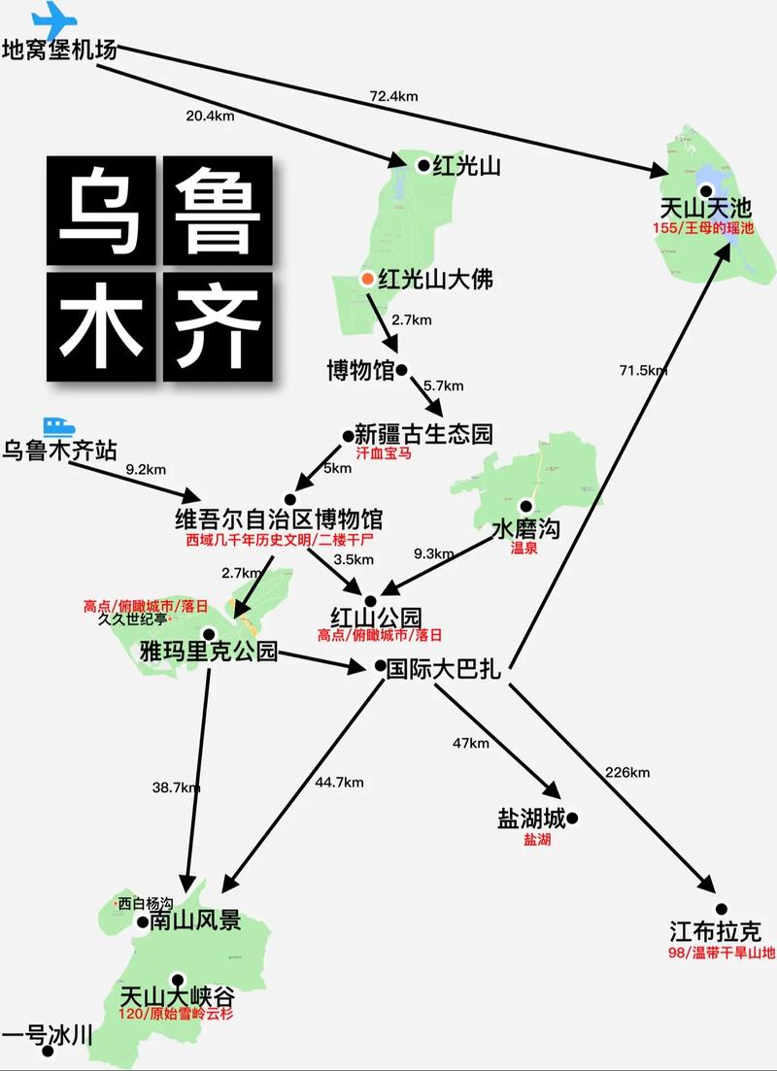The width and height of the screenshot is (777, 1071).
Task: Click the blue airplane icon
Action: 53,18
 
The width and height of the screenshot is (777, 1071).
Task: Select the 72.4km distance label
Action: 392,96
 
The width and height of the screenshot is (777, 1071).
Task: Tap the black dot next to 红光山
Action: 423,165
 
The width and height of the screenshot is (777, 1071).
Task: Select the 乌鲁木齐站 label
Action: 59,451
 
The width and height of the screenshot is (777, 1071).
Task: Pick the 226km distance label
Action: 626,773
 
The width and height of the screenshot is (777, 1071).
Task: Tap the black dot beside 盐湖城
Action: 572,819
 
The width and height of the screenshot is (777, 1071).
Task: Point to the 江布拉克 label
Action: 715,931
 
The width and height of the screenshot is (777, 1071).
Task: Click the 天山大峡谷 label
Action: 177,997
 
